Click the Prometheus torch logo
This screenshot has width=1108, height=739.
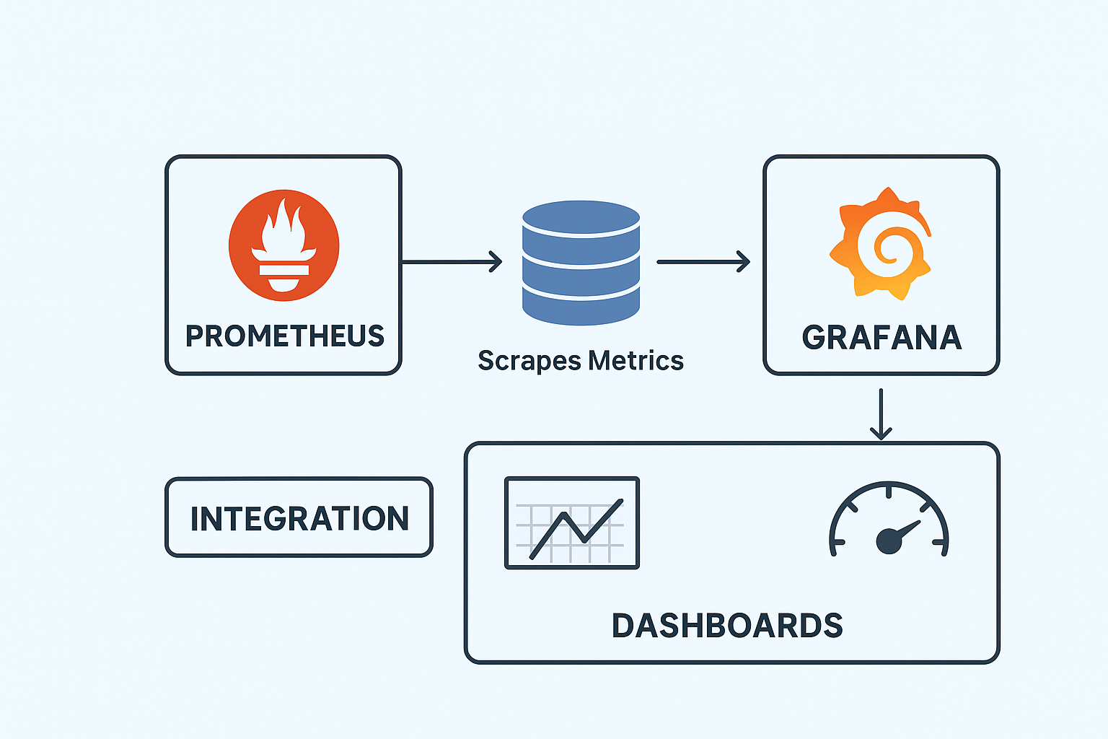(283, 245)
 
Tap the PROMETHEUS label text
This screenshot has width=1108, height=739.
(285, 336)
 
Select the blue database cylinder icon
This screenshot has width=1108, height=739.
(581, 263)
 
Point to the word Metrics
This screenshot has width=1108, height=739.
(636, 360)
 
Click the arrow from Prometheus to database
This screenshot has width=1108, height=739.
(451, 261)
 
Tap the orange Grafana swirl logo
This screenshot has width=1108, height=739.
(881, 244)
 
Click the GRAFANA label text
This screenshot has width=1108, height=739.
(881, 338)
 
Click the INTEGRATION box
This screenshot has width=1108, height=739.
(299, 517)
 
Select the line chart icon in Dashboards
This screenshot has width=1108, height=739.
(572, 522)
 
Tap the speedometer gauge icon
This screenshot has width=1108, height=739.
(889, 521)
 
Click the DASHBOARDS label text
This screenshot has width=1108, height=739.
(727, 626)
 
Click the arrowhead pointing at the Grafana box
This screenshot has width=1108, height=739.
(743, 261)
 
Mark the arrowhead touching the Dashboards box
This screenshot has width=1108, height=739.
(881, 433)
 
